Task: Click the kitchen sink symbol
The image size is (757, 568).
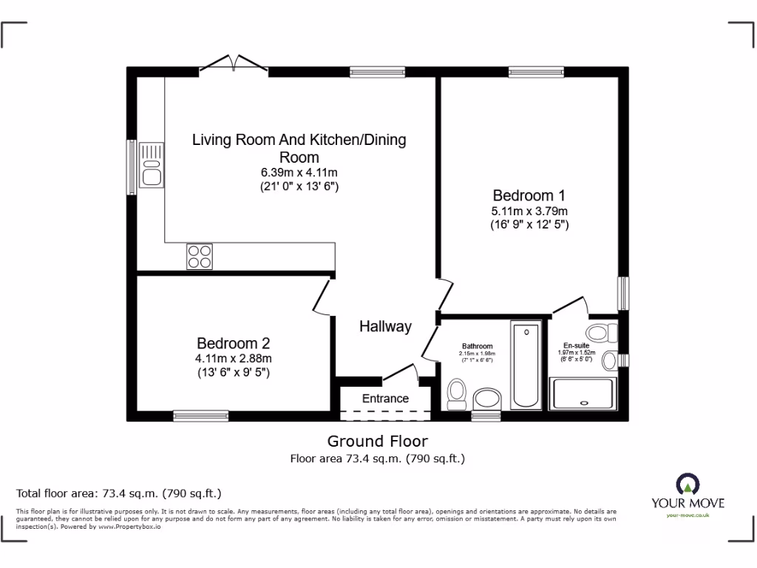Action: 152,165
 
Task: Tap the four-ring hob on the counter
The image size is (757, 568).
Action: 199,256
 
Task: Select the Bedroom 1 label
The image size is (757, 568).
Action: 529,196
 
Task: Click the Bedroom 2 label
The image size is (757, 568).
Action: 233,343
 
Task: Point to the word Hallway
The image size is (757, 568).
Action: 385,326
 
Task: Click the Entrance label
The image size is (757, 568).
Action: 385,399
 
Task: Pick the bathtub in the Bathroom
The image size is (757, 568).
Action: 526,364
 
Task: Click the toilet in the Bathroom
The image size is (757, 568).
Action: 456,393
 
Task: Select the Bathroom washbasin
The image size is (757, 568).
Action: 486,399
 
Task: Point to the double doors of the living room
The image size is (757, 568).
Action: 234,65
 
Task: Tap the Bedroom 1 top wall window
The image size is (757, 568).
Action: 536,72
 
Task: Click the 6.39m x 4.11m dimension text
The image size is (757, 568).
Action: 299,172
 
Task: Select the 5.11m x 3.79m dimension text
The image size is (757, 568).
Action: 529,211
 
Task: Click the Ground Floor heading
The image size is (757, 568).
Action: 378,442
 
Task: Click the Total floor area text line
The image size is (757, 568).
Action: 119,493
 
